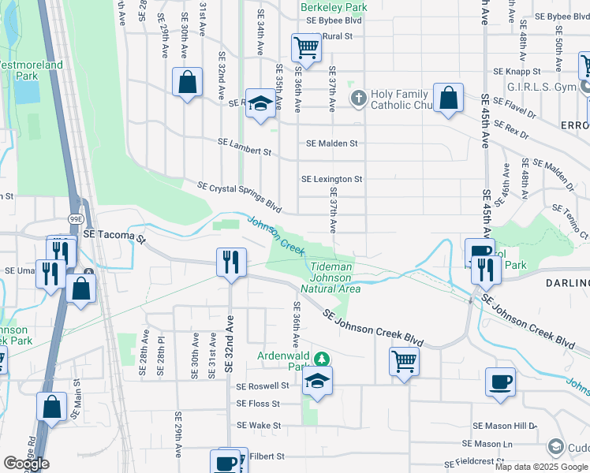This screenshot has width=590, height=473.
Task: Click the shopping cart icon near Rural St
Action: tap(305, 47)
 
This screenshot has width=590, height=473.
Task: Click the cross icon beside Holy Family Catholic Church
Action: tap(358, 99)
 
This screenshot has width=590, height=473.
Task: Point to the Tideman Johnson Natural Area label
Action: tap(330, 278)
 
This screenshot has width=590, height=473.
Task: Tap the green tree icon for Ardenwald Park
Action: tap(320, 359)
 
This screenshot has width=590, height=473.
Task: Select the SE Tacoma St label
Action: tap(115, 236)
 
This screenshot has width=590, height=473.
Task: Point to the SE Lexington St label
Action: tap(331, 179)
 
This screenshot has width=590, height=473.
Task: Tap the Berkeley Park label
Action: tap(334, 7)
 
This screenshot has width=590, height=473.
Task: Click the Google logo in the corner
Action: tap(26, 464)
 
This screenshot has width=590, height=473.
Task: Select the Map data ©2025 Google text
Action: tap(541, 467)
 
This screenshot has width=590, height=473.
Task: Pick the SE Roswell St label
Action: tap(263, 386)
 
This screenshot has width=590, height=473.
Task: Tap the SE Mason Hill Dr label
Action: tap(505, 426)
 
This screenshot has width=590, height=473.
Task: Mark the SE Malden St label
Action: tap(331, 143)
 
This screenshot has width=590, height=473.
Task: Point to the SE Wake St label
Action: tap(259, 426)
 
